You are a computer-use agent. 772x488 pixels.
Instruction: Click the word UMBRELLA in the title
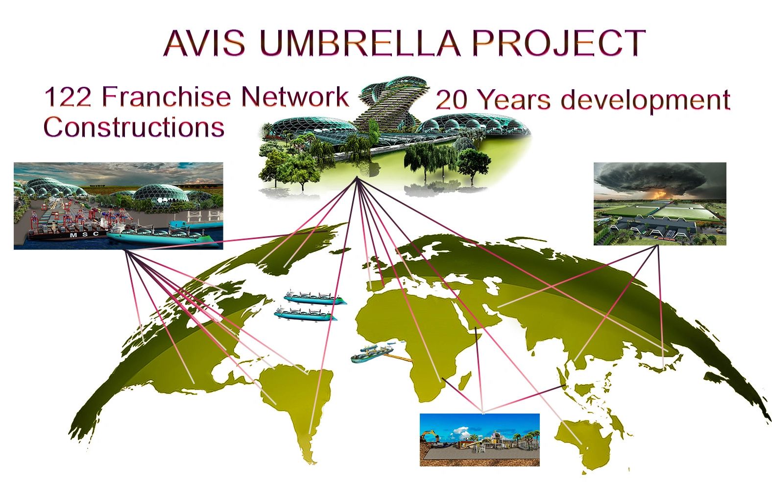[360, 43]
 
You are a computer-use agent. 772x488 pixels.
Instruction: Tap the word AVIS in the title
[204, 43]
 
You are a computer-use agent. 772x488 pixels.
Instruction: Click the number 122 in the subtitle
[68, 97]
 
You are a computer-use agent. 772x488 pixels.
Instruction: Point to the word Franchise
[166, 97]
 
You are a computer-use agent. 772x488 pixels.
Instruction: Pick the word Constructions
[134, 127]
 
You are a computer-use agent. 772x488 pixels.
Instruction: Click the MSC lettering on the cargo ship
[84, 235]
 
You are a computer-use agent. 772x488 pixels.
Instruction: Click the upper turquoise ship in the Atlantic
[314, 297]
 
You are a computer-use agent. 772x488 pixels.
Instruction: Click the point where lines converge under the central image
[357, 177]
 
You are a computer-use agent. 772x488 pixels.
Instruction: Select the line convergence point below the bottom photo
[483, 412]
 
